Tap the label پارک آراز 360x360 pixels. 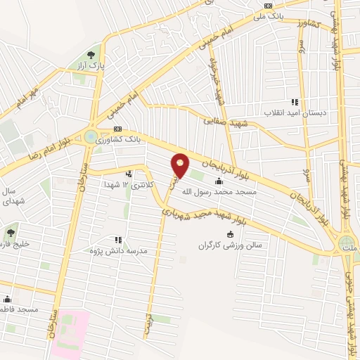(x=90, y=65)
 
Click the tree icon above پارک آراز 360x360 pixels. (x=90, y=54)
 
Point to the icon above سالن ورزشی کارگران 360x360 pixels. (x=230, y=235)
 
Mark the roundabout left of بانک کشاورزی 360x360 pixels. (x=91, y=136)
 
